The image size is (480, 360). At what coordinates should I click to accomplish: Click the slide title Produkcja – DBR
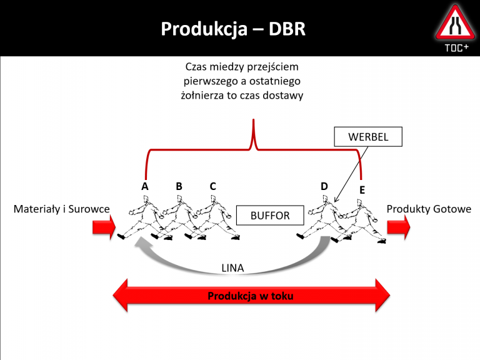click(x=233, y=29)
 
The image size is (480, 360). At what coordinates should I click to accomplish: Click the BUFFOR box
click(x=270, y=216)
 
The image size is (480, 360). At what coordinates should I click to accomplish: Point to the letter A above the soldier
click(x=145, y=186)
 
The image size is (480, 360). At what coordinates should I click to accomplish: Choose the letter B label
click(x=179, y=186)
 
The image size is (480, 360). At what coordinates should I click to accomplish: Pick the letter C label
click(x=212, y=186)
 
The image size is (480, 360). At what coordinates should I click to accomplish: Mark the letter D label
click(x=324, y=186)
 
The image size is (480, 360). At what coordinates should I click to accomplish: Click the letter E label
click(x=362, y=189)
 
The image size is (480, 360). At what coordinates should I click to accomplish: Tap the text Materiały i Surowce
click(x=62, y=209)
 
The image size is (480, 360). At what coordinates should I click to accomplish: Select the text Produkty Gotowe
click(x=429, y=209)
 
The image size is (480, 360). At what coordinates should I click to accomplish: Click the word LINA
click(x=232, y=268)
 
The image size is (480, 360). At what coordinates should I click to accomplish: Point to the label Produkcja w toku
click(x=250, y=296)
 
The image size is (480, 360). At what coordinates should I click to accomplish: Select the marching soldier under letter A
click(x=141, y=219)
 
